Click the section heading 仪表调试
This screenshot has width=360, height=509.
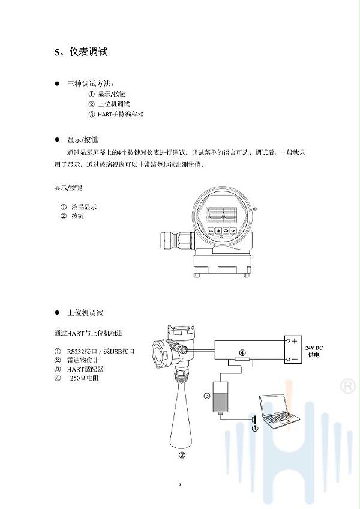88,52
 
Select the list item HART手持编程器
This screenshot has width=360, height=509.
121,114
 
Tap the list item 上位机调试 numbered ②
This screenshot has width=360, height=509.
114,104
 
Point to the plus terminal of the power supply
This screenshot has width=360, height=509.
287,341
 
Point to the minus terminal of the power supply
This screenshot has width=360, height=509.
287,359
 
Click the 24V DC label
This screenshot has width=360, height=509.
314,348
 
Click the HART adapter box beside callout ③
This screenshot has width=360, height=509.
220,397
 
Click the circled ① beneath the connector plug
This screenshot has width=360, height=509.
255,429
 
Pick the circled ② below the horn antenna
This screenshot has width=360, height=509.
182,455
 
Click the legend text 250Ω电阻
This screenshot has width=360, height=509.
85,378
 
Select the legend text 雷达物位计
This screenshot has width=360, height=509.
83,360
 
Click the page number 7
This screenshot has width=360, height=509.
180,484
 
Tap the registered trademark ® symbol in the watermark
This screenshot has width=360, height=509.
347,386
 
